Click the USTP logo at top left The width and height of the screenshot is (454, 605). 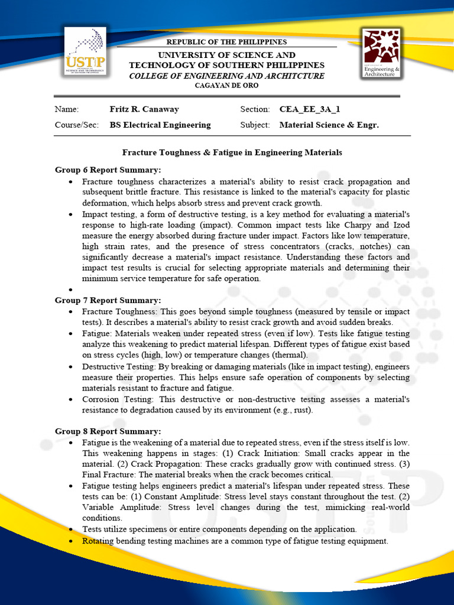[86, 51]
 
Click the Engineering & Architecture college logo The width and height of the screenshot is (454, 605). [381, 54]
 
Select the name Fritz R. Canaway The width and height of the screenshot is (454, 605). [144, 109]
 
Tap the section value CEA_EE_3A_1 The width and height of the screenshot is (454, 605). [310, 109]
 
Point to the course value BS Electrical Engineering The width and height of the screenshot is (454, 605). [160, 125]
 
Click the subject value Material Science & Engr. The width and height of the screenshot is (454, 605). [329, 125]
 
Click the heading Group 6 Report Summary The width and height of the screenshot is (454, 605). [108, 170]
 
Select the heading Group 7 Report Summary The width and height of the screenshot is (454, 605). [108, 300]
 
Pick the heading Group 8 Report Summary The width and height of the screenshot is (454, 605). [108, 431]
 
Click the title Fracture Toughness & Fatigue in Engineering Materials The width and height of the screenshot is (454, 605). [232, 152]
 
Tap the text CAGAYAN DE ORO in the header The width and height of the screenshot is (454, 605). [226, 86]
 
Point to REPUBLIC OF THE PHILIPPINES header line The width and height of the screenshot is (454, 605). [226, 42]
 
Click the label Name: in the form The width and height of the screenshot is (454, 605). [66, 109]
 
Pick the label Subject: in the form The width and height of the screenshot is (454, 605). [255, 125]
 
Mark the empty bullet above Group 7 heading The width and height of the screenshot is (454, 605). [70, 290]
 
